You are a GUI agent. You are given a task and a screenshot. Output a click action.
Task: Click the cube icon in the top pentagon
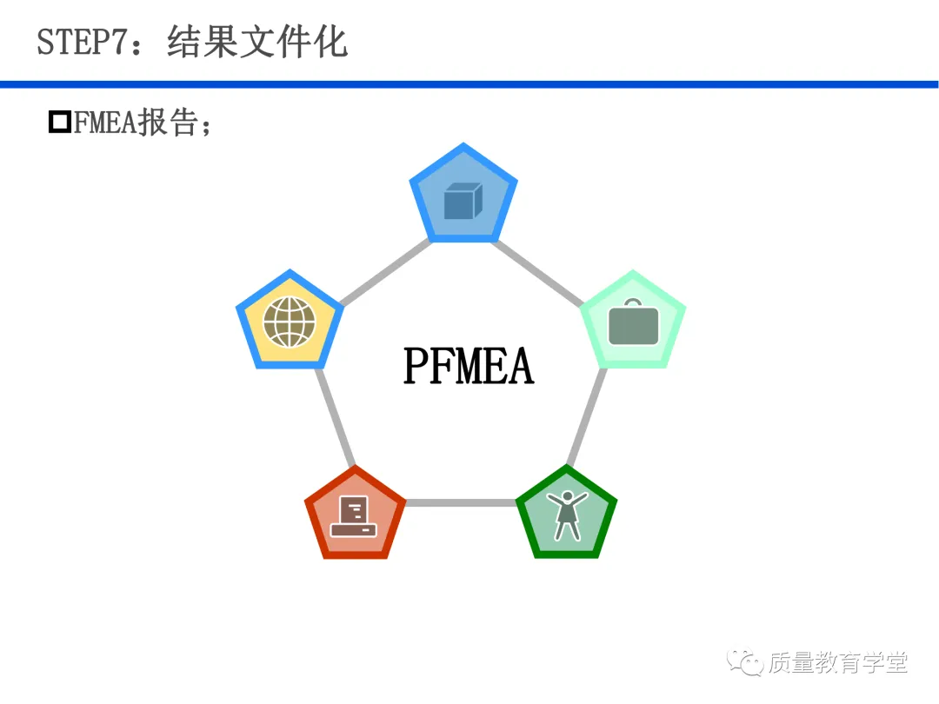pyautogui.click(x=463, y=201)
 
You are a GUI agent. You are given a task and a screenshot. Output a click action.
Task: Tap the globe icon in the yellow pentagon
pyautogui.click(x=290, y=322)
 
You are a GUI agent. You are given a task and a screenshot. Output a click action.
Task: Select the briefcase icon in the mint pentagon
pyautogui.click(x=633, y=322)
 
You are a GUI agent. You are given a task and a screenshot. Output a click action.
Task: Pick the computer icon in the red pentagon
pyautogui.click(x=354, y=516)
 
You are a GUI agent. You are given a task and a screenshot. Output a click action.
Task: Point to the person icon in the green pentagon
pyautogui.click(x=567, y=515)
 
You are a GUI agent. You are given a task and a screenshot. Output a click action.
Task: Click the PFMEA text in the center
pyautogui.click(x=469, y=366)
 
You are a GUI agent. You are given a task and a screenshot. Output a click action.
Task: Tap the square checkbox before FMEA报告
pyautogui.click(x=60, y=122)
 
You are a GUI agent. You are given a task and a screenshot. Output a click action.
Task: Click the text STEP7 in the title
pyautogui.click(x=83, y=42)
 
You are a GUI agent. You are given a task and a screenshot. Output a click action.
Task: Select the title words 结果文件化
pyautogui.click(x=257, y=42)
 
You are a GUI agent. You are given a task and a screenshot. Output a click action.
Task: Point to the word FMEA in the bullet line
pyautogui.click(x=105, y=123)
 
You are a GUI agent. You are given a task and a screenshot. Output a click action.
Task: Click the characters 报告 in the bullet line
pyautogui.click(x=169, y=123)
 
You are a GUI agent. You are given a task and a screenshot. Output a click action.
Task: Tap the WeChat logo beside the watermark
pyautogui.click(x=744, y=661)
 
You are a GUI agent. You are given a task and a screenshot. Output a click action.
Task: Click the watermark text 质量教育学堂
pyautogui.click(x=838, y=662)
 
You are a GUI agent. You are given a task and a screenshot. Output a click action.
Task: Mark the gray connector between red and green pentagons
pyautogui.click(x=461, y=503)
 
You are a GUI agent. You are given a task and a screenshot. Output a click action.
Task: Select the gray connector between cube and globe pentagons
pyautogui.click(x=385, y=272)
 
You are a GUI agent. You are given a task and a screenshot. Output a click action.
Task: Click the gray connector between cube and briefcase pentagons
pyautogui.click(x=538, y=273)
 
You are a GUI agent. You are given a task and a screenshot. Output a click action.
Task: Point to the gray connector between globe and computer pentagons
pyautogui.click(x=336, y=417)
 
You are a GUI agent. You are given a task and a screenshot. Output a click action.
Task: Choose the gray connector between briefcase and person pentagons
pyautogui.click(x=587, y=416)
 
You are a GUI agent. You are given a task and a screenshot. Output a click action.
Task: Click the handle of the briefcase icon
pyautogui.click(x=633, y=303)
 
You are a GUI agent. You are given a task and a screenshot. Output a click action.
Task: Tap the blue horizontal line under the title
pyautogui.click(x=469, y=84)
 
